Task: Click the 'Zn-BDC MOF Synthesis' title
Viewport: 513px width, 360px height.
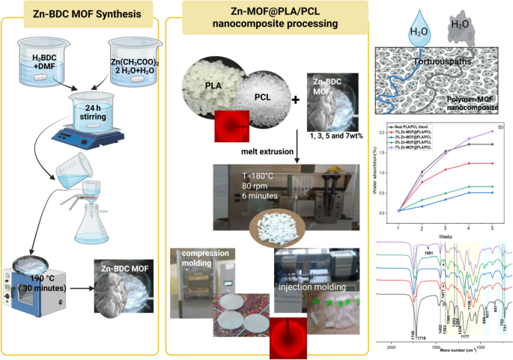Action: click(81, 13)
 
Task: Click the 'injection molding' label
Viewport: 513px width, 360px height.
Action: click(312, 285)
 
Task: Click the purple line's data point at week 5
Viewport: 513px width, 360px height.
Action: click(491, 131)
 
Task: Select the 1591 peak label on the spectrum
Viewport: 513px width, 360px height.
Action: click(428, 254)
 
